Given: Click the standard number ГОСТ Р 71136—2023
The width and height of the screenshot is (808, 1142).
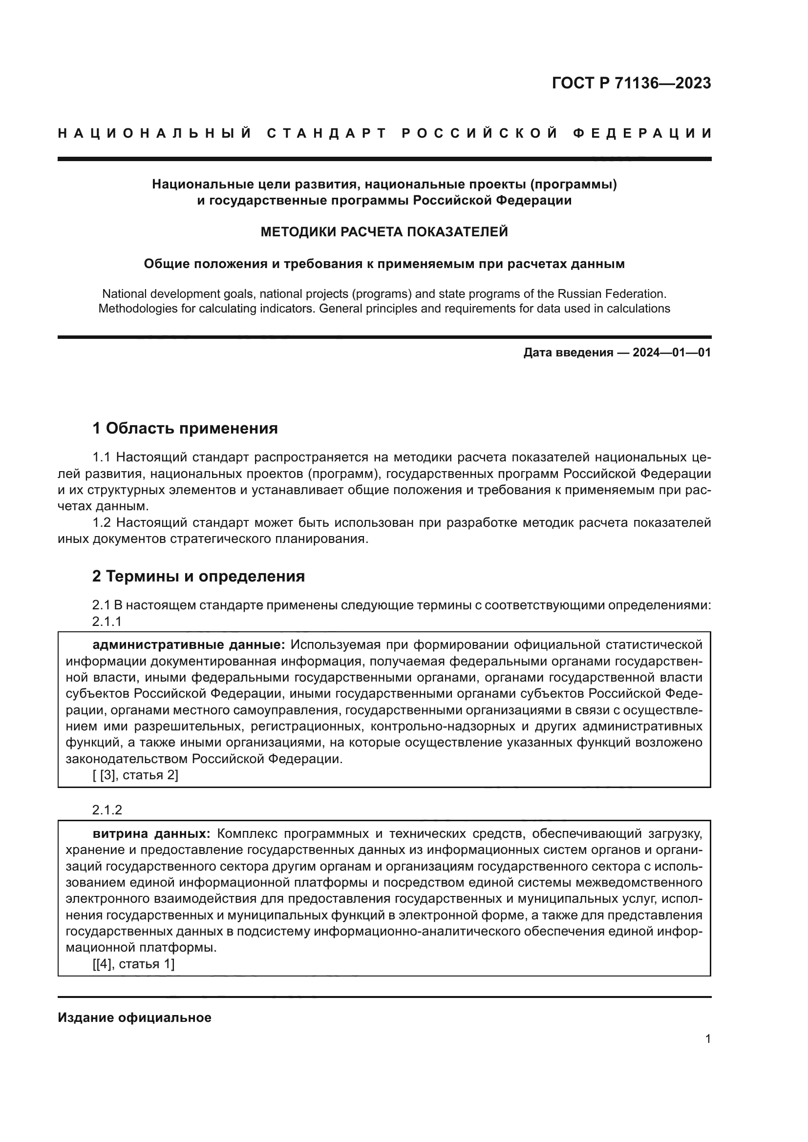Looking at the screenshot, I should tap(631, 83).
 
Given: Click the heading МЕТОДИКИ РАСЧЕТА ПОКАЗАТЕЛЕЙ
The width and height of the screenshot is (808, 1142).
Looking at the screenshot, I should tap(384, 232).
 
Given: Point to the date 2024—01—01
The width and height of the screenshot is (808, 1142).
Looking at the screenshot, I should tap(671, 353).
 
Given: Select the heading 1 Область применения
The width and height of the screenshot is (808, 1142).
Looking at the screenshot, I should tap(185, 428).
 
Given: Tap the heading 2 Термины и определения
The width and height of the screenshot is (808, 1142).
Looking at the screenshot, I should tap(198, 576).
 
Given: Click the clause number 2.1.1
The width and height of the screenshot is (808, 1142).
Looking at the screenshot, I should tap(107, 621).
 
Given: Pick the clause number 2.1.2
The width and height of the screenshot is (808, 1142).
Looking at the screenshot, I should tap(107, 810).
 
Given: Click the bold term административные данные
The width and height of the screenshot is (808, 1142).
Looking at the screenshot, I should tap(189, 645).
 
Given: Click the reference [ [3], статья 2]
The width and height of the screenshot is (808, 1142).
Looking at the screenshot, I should tap(135, 775).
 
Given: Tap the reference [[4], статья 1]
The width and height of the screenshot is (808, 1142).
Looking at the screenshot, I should tap(133, 964).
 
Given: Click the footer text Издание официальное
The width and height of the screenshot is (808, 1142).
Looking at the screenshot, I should tap(134, 1017).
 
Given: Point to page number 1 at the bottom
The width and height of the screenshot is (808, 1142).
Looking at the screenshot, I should tap(707, 1039).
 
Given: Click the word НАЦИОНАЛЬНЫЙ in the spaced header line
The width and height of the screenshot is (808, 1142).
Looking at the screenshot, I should tap(154, 133).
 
